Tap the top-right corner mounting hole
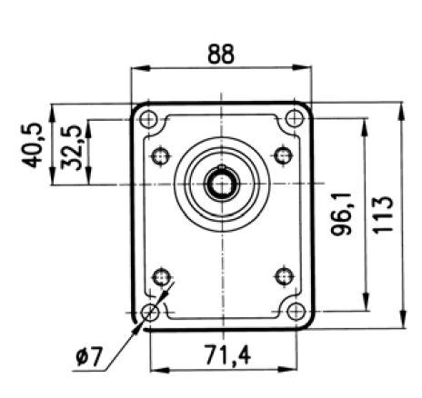294,119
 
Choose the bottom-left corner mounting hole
150,313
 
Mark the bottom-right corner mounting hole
294,313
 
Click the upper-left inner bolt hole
163,155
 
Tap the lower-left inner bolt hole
163,274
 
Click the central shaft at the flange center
221,184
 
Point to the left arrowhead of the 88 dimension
136,69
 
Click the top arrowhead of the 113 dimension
400,107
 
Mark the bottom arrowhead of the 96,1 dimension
366,307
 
